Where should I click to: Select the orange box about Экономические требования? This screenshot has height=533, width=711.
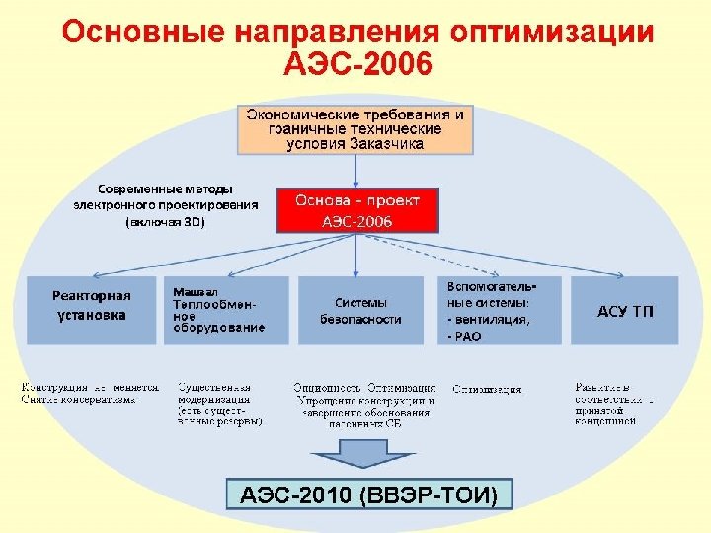(x=355, y=129)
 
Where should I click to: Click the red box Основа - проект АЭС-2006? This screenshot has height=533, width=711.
(x=356, y=210)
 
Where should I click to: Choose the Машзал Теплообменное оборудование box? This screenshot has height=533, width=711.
(x=226, y=310)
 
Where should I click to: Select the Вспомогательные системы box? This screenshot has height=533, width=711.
(x=500, y=310)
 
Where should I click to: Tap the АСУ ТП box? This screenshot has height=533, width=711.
(x=625, y=311)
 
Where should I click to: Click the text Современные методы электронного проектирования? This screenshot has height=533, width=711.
(x=166, y=196)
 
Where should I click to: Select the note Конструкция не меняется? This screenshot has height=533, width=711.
(x=90, y=388)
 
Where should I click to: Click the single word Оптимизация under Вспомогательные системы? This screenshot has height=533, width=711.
(x=488, y=389)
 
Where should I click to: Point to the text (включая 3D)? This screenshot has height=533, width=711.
(x=166, y=222)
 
